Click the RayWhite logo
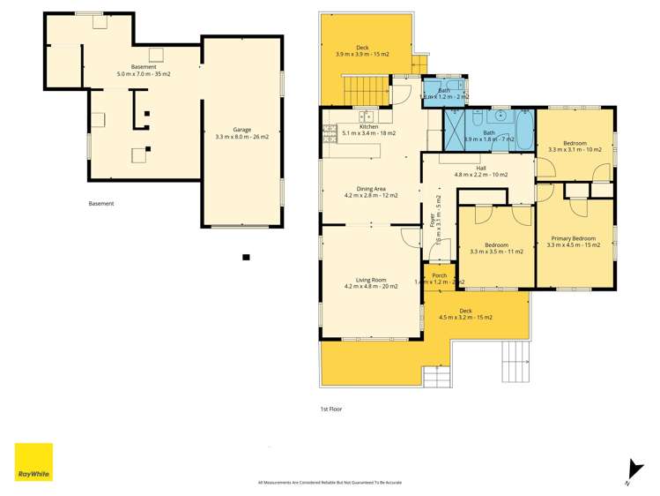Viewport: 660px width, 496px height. coord(33,462)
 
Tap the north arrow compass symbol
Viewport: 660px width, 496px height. coord(629,470)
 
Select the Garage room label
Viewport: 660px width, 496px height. coord(242,133)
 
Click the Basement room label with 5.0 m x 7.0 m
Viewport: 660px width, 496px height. coord(144,71)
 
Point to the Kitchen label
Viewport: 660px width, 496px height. coord(368,130)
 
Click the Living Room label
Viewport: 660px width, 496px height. coord(370,282)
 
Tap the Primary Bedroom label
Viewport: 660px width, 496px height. coord(574,241)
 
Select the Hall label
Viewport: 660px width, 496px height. coord(480,171)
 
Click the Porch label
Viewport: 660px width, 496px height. coord(439,278)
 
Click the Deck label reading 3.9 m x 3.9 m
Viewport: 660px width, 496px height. coord(362,51)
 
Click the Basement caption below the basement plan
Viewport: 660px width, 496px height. coord(101,204)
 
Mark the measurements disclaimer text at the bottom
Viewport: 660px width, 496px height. coord(330,482)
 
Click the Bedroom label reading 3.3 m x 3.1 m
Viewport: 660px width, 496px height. coord(575,147)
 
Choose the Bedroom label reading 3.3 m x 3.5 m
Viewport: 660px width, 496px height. coord(497,248)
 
